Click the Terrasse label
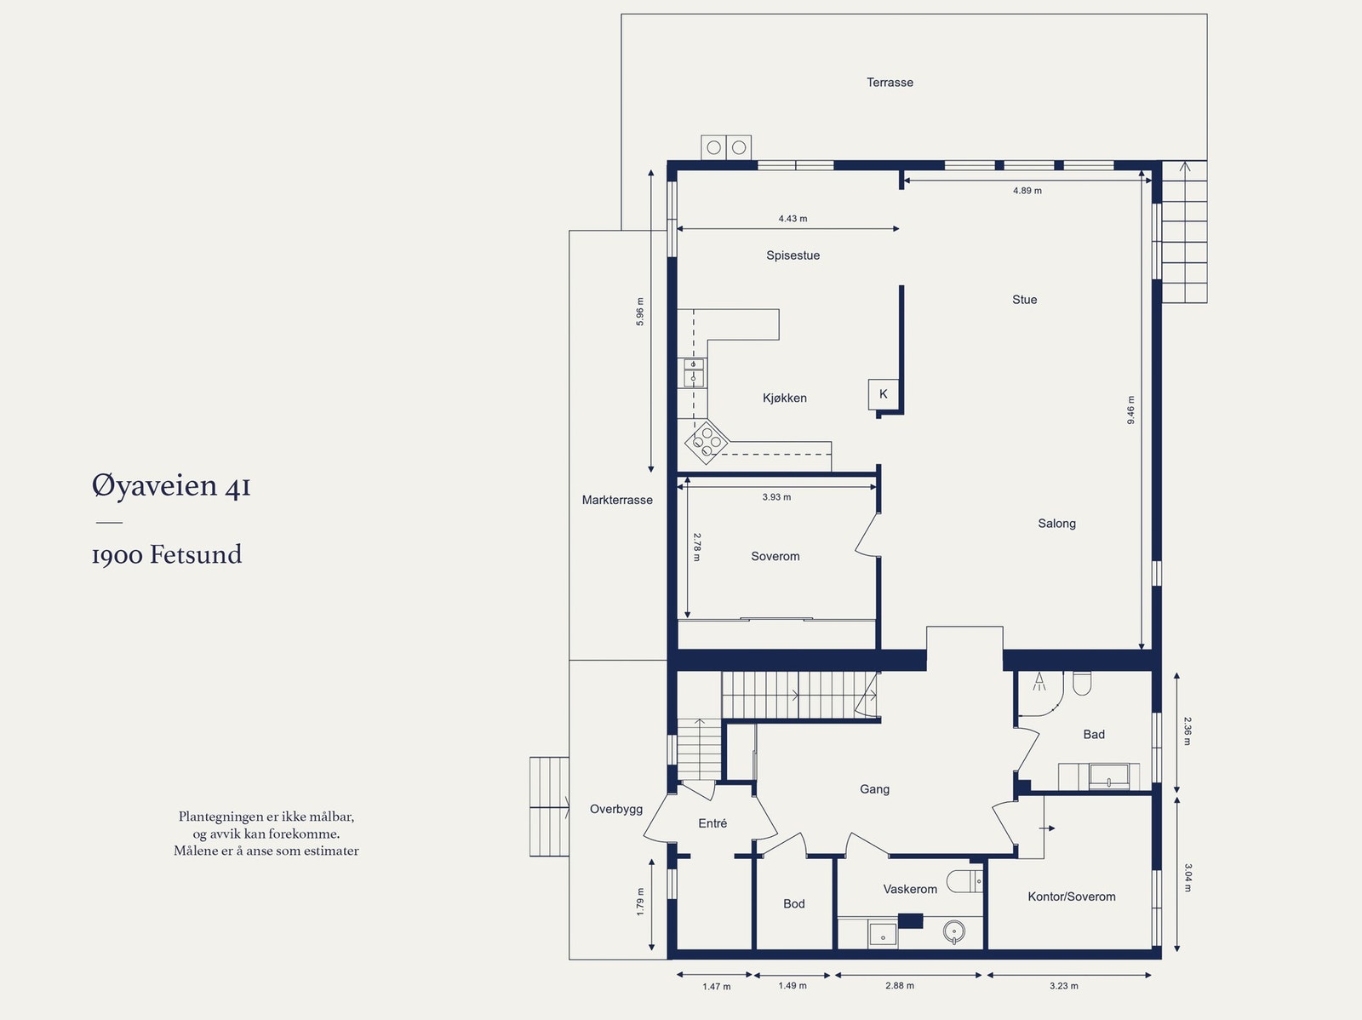pos(890,83)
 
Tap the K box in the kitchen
pos(883,393)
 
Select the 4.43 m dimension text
pos(793,219)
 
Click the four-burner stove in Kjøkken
pos(707,442)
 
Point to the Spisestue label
pos(793,255)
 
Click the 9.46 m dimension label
pos(1131,410)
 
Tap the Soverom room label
pos(775,556)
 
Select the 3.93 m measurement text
pos(776,497)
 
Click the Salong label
pos(1056,524)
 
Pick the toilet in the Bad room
pos(1082,683)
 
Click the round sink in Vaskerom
pos(953,931)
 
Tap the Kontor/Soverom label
pos(1071,897)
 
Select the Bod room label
pos(793,904)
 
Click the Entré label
pos(712,823)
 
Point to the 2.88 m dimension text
pos(899,986)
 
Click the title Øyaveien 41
pos(171,486)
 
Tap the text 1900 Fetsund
pos(167,555)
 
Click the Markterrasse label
pos(617,500)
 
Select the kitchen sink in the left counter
pos(694,373)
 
